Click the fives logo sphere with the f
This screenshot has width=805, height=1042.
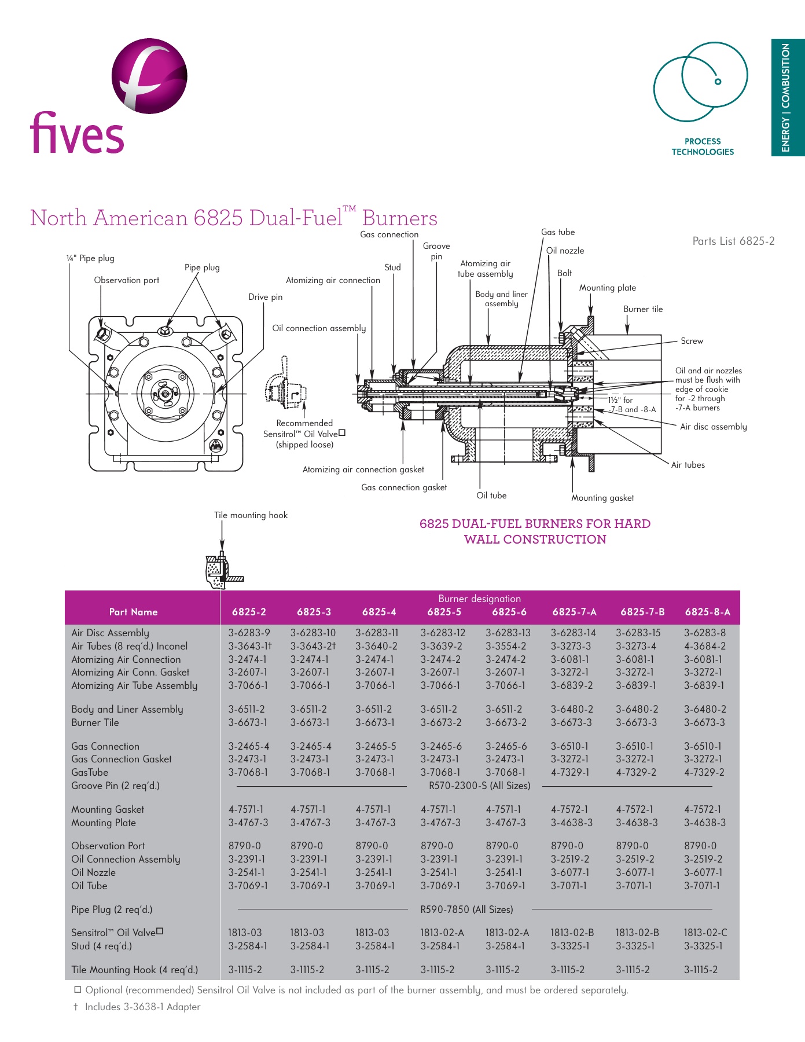click(x=149, y=76)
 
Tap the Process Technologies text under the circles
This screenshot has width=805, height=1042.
click(x=702, y=146)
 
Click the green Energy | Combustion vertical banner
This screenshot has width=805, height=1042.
click(x=787, y=97)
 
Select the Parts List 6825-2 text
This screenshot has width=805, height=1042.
click(x=733, y=241)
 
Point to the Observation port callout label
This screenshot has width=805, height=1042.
click(x=126, y=280)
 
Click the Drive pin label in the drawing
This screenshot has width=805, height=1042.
click(x=265, y=297)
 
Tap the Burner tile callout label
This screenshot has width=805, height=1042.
click(x=643, y=309)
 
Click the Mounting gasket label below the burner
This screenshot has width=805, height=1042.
click(x=602, y=498)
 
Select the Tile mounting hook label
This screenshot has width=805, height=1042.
click(x=251, y=515)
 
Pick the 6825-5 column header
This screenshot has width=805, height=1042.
click(x=444, y=612)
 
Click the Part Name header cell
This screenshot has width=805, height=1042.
click(x=133, y=612)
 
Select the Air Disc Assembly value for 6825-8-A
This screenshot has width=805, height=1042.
click(x=704, y=633)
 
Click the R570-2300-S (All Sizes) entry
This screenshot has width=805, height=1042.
click(x=479, y=786)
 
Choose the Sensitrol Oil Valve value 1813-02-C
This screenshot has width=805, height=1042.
click(x=705, y=933)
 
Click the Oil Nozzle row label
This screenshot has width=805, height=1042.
click(x=93, y=872)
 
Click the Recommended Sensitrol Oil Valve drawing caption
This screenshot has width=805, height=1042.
click(x=304, y=434)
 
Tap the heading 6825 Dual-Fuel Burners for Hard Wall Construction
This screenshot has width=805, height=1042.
click(x=535, y=531)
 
